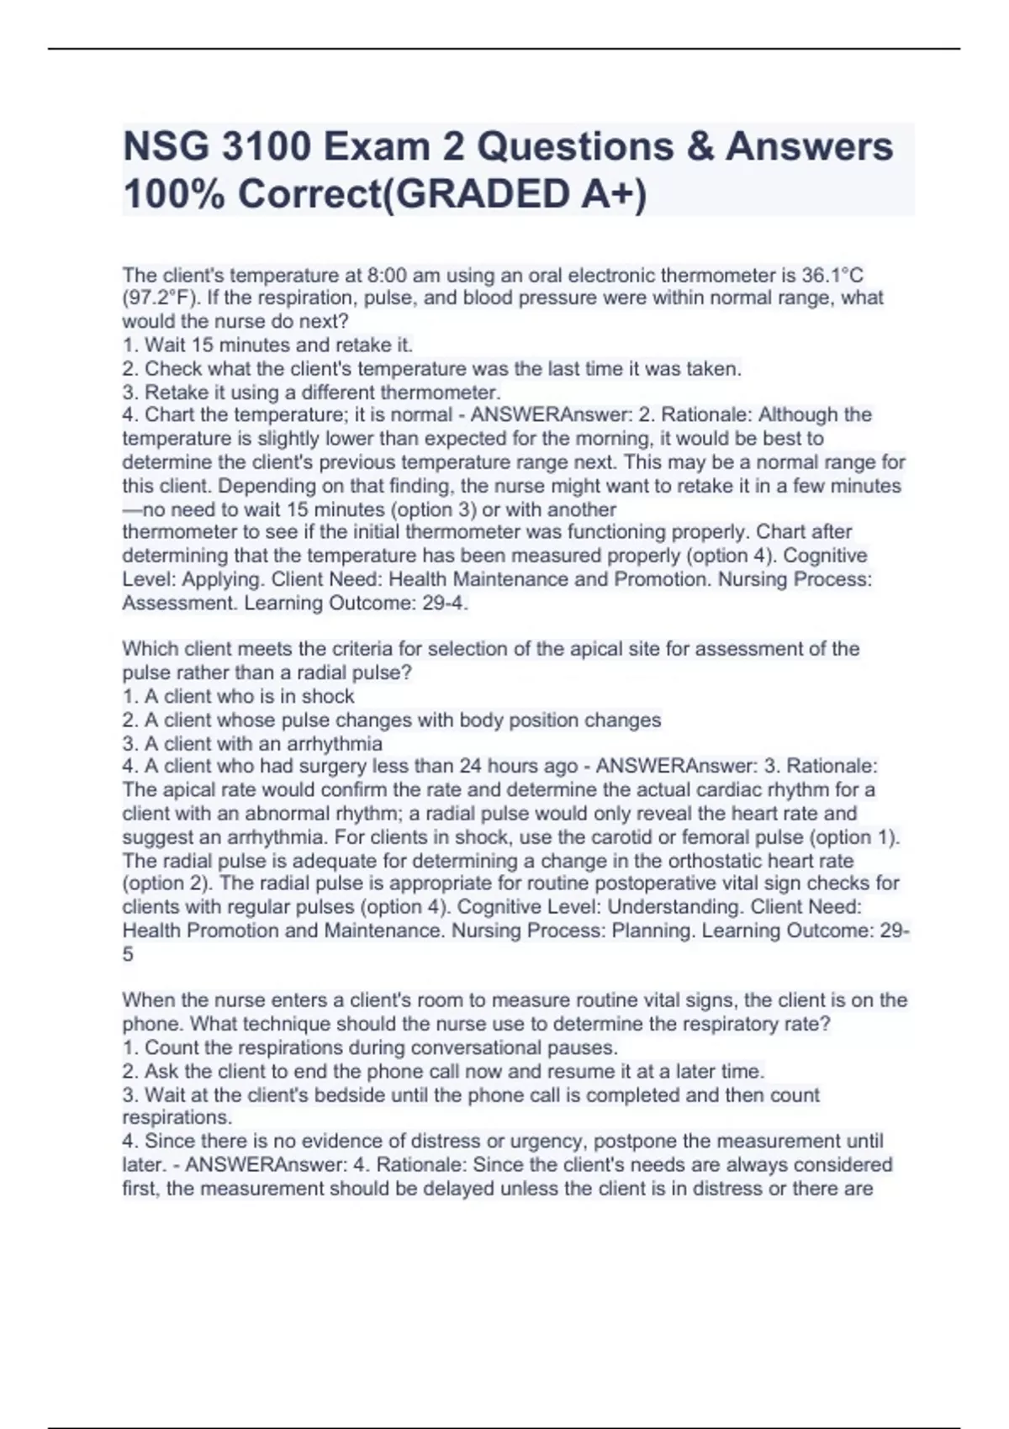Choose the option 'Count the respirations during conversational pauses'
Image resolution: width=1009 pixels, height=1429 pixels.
(x=370, y=1047)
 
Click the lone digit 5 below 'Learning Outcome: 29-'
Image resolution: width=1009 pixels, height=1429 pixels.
(x=128, y=954)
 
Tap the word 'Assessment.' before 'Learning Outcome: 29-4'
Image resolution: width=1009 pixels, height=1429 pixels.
(x=180, y=603)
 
